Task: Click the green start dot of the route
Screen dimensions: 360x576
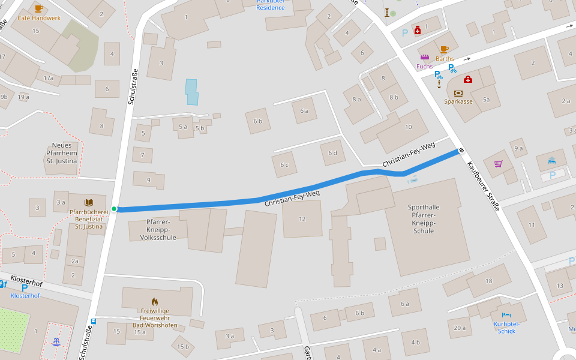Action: pos(114,209)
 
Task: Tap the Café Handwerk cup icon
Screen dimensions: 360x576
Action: pos(39,8)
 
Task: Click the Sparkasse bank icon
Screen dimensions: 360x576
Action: pos(458,93)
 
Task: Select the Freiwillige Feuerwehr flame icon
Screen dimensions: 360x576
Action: pos(155,302)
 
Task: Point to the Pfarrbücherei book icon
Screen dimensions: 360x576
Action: pos(89,203)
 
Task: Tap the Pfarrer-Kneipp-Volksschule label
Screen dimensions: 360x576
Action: pos(158,229)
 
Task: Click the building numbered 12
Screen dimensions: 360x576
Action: pos(302,219)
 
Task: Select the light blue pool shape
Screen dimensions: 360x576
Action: pos(191,92)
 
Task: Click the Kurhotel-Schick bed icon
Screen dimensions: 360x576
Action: pos(506,315)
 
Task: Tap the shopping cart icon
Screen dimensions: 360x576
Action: pos(498,163)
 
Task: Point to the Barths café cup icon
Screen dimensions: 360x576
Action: pos(444,49)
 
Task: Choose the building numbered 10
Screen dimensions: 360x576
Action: pos(409,127)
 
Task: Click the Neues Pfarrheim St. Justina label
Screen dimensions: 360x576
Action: pos(62,153)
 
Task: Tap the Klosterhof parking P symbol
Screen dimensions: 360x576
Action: pos(25,287)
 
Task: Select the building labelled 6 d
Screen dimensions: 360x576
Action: pos(332,152)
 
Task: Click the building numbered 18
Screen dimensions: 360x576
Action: pos(489,281)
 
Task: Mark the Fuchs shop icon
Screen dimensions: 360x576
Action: pos(424,58)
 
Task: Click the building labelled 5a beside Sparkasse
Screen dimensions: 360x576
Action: pos(486,100)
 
